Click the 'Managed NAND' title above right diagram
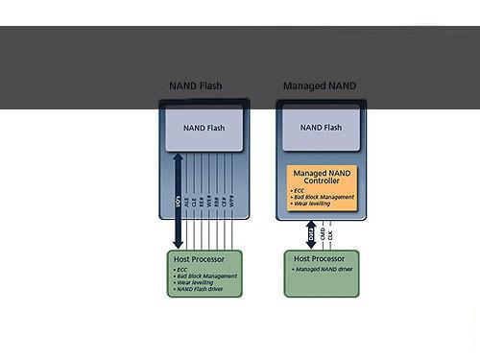[x=319, y=86]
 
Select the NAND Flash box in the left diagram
[x=203, y=128]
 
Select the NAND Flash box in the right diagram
[x=320, y=128]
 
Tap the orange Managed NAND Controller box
[x=322, y=187]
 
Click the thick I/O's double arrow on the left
[x=178, y=202]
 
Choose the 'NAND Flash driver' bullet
[x=204, y=289]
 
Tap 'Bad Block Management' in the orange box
[x=323, y=197]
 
